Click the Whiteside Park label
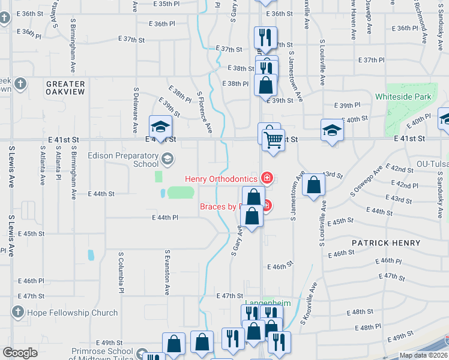click(403, 96)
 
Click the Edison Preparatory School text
click(123, 159)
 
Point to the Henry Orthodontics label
click(221, 178)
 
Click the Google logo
click(20, 353)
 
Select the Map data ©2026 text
click(423, 355)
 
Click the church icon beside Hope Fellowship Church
click(17, 312)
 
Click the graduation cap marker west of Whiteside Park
click(332, 130)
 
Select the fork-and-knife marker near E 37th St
click(264, 38)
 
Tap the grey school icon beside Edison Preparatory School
click(167, 159)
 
